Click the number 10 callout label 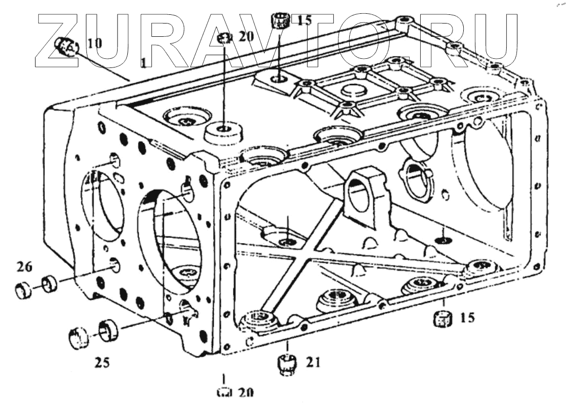[94, 43]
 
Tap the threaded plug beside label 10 [65, 48]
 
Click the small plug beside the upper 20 [224, 38]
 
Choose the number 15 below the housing [466, 318]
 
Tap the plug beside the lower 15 [441, 318]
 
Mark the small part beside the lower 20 [223, 393]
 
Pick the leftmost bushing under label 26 [22, 290]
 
